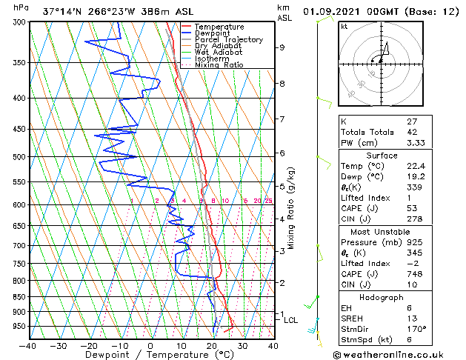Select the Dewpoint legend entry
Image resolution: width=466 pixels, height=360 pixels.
(215, 33)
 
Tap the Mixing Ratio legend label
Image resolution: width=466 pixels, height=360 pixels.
(219, 65)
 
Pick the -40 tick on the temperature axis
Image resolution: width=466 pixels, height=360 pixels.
(28, 345)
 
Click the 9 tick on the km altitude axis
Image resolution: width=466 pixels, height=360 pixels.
(282, 47)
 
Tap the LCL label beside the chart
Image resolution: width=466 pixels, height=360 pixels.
(291, 321)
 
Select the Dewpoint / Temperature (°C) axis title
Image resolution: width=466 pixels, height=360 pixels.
(150, 355)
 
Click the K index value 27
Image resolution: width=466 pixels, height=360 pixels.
(412, 121)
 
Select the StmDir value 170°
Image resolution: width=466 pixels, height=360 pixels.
(416, 329)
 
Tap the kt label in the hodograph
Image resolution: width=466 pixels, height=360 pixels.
(344, 27)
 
